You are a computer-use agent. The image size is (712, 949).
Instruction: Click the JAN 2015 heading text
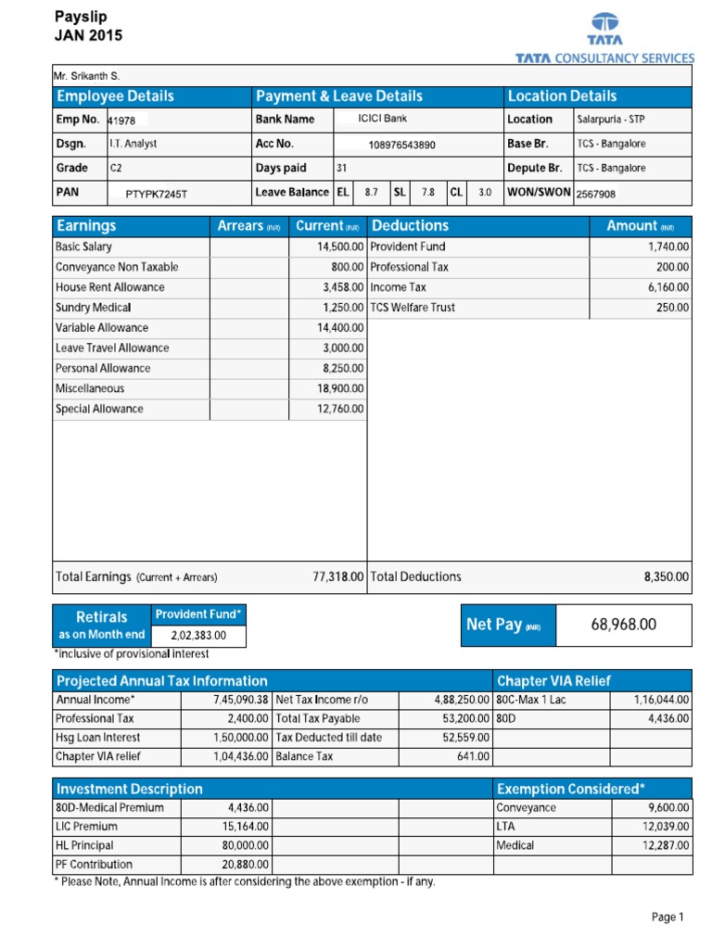(89, 36)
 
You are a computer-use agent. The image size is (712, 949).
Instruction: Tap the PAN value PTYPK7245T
(162, 194)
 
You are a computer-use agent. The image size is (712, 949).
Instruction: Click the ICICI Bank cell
(382, 119)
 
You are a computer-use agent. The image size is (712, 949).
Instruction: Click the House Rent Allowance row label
(109, 287)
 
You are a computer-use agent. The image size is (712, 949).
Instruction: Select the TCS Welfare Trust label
(413, 308)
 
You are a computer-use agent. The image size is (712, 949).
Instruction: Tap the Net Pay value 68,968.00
(623, 625)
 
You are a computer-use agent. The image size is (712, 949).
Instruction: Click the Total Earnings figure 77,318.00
(338, 576)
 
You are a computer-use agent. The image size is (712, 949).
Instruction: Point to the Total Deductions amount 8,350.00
(667, 576)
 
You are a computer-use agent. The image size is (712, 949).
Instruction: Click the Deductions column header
(410, 225)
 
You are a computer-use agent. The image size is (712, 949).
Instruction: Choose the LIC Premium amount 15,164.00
(248, 827)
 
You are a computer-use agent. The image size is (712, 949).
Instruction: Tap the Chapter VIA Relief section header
(554, 681)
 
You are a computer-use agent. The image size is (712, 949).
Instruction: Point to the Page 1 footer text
(667, 917)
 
